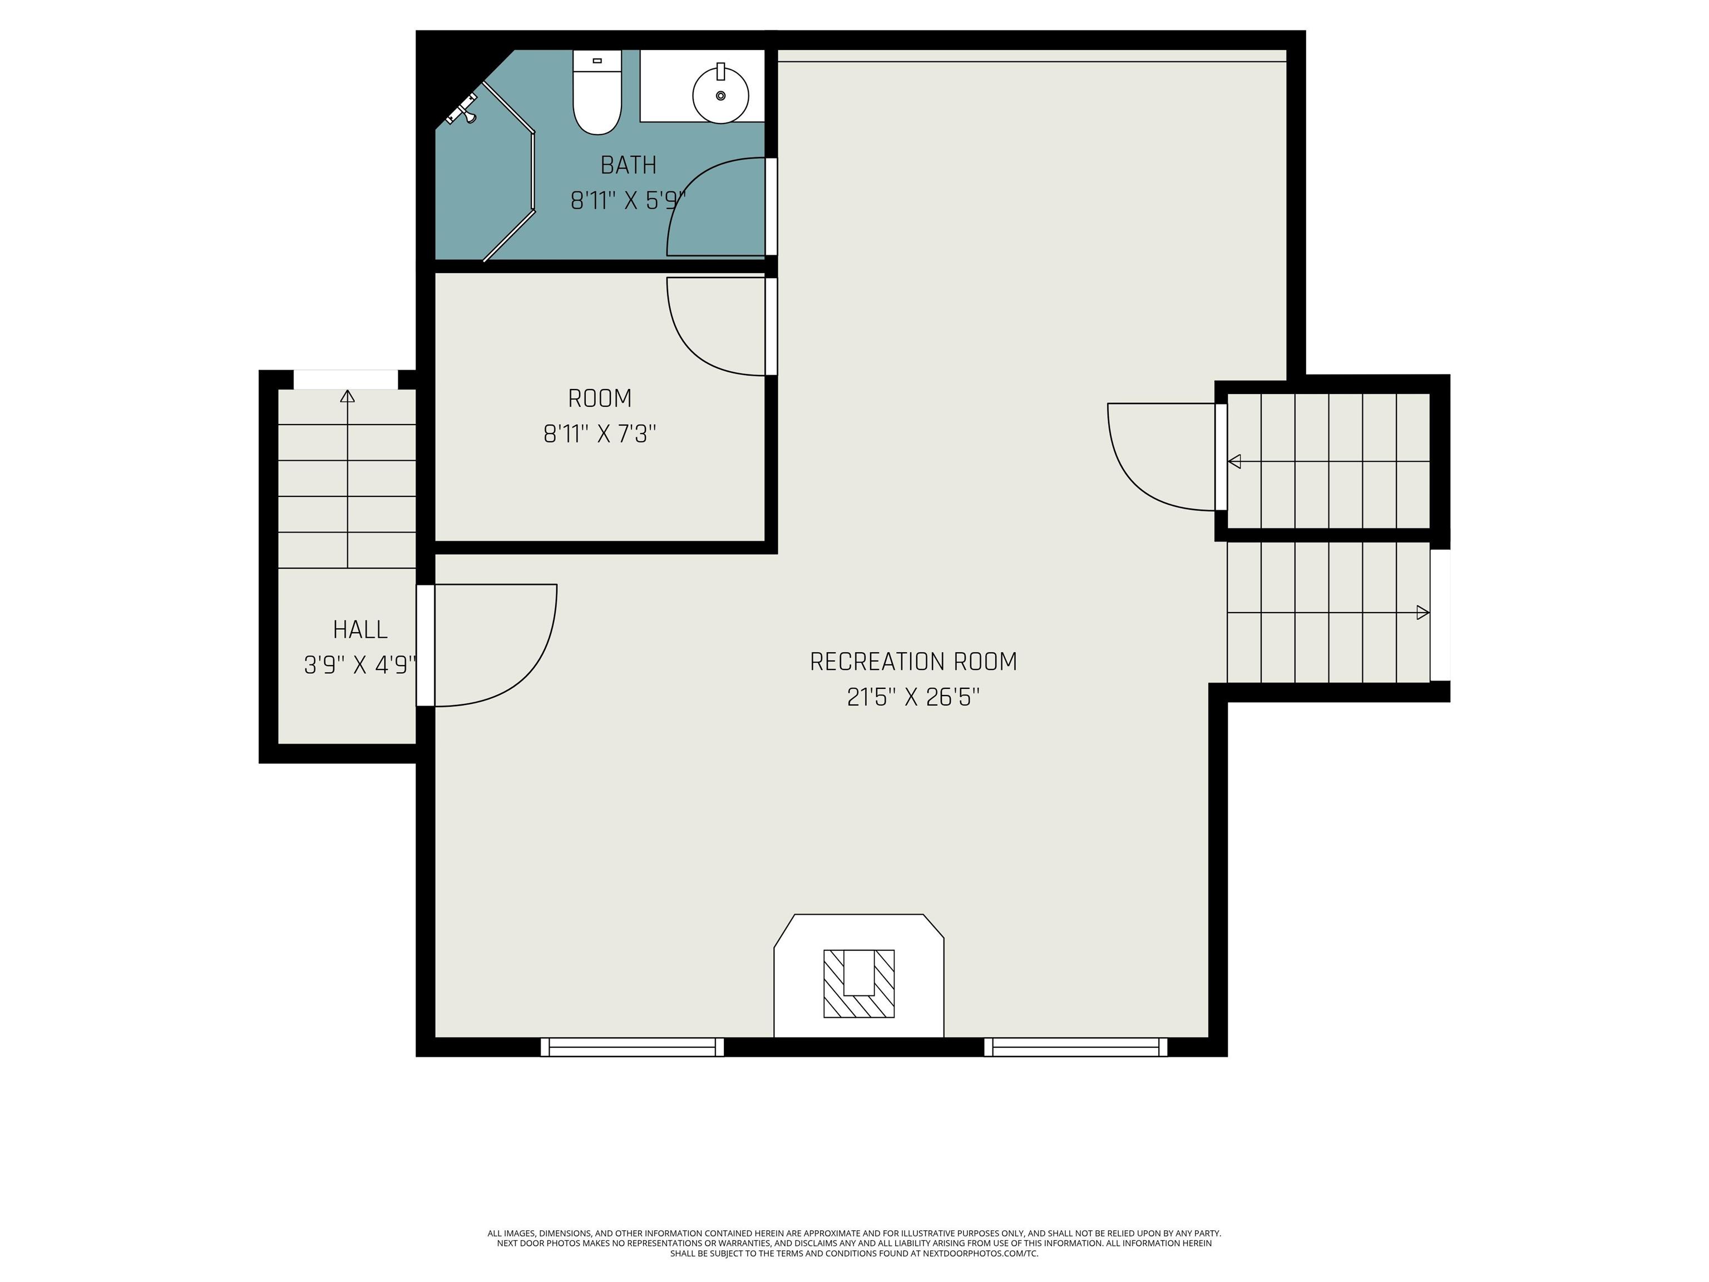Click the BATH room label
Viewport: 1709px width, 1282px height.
click(628, 165)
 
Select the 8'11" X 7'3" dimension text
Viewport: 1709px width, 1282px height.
click(600, 434)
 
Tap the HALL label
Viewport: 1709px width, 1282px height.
click(360, 630)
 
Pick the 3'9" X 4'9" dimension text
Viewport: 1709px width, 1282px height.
click(360, 665)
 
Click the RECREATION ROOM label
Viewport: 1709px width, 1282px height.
click(913, 662)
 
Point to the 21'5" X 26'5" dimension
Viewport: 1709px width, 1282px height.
click(913, 698)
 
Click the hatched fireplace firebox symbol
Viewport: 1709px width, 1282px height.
click(858, 983)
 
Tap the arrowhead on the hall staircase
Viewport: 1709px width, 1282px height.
click(348, 396)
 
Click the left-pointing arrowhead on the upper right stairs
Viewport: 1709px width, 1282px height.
click(1234, 461)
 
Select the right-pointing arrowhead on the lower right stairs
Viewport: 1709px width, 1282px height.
click(1422, 613)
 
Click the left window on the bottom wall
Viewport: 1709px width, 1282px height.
click(632, 1047)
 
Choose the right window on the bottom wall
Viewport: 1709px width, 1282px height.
click(1075, 1047)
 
